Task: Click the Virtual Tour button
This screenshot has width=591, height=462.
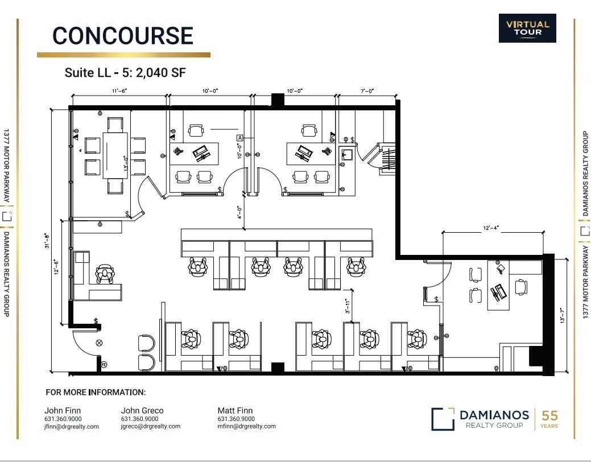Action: (x=527, y=28)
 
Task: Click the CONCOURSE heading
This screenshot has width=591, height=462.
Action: (x=123, y=36)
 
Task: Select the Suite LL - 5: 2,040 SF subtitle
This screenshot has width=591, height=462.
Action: (x=125, y=72)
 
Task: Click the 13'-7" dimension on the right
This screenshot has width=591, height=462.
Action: (x=562, y=317)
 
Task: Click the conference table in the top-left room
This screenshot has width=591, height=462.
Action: (x=115, y=155)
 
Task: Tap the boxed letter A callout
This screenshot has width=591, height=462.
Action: (x=239, y=138)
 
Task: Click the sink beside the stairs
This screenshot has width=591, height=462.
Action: (x=347, y=154)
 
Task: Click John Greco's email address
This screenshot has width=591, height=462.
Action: (x=151, y=426)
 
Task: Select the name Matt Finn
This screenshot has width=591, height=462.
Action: (x=235, y=410)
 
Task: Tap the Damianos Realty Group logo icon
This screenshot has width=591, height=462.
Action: (x=442, y=419)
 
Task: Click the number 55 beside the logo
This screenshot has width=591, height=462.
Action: (x=549, y=415)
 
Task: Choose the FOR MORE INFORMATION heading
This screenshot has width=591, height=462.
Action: (x=96, y=392)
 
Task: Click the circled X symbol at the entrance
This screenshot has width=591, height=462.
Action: (x=100, y=343)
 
